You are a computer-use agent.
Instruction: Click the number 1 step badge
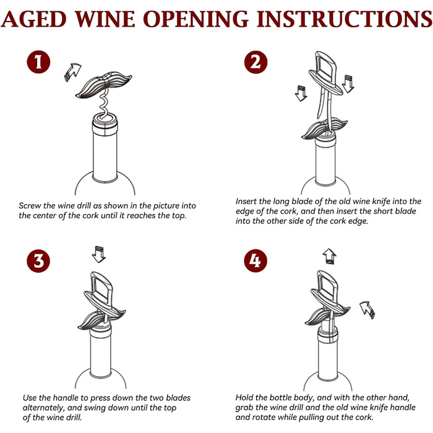pos(38,62)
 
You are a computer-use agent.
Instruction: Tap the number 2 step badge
pos(255,62)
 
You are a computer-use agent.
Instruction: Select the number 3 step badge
pos(38,260)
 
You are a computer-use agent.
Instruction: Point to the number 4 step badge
pos(255,260)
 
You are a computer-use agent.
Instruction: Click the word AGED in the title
pos(34,19)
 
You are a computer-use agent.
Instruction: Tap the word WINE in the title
pos(105,19)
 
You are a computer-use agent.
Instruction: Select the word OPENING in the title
pos(196,19)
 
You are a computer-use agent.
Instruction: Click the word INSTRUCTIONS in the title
pos(345,19)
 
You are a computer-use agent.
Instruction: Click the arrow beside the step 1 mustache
pos(72,72)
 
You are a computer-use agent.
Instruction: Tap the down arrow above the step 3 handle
pos(99,254)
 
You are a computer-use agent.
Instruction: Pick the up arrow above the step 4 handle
pos(330,256)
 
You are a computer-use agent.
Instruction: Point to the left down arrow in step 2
pos(301,93)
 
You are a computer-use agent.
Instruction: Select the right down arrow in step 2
pos(348,84)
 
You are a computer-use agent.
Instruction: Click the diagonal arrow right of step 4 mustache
pos(367,310)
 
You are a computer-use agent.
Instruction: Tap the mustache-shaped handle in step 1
pos(104,84)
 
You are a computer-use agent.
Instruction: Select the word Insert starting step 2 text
pos(246,201)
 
